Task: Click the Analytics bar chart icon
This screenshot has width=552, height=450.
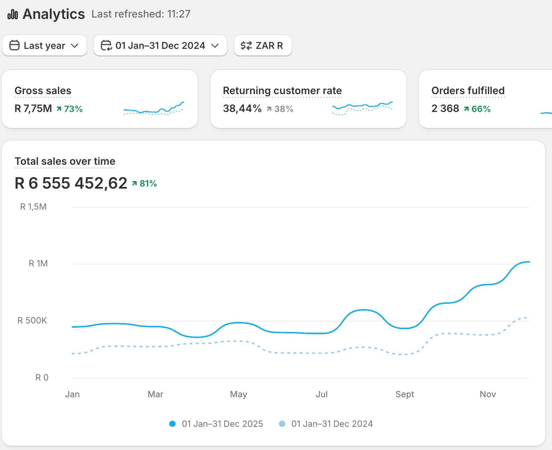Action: [13, 14]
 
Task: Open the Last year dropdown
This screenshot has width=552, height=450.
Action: [44, 46]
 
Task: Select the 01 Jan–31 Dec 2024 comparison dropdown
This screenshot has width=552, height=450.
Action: [160, 46]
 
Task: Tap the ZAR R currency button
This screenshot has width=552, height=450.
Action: [263, 46]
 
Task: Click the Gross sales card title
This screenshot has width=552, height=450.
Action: [43, 91]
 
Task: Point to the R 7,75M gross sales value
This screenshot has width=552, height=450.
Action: [33, 108]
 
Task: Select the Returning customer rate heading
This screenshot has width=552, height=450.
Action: [282, 91]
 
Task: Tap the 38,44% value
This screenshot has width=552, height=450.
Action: [242, 108]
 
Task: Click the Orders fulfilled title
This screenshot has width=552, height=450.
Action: [468, 91]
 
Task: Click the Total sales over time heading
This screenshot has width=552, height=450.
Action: [65, 161]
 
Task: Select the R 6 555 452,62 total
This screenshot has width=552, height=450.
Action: [71, 183]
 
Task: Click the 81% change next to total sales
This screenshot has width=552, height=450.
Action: [144, 184]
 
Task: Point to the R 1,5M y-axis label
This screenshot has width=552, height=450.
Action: [33, 207]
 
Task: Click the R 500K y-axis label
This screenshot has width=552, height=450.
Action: [32, 321]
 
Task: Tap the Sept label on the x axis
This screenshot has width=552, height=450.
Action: [405, 394]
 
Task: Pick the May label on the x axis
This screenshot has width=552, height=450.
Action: [238, 395]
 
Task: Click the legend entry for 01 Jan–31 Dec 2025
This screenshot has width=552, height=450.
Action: [216, 424]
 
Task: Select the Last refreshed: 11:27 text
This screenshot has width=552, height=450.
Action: [141, 14]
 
